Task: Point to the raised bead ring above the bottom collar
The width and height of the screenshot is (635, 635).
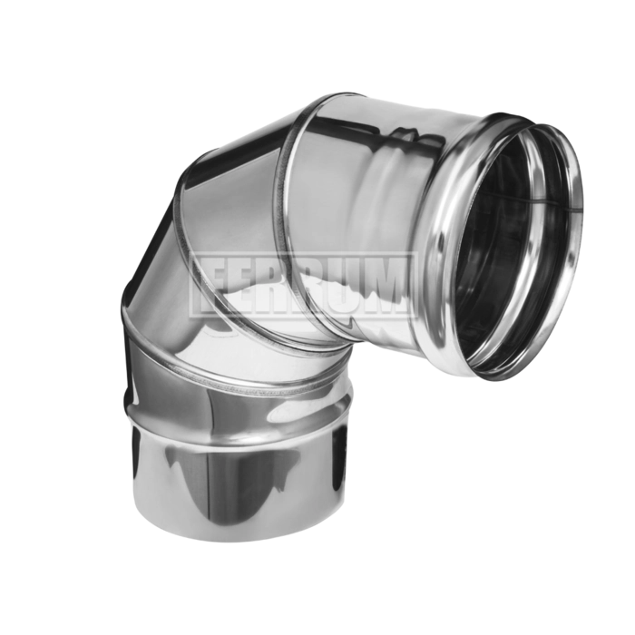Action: tap(239, 399)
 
